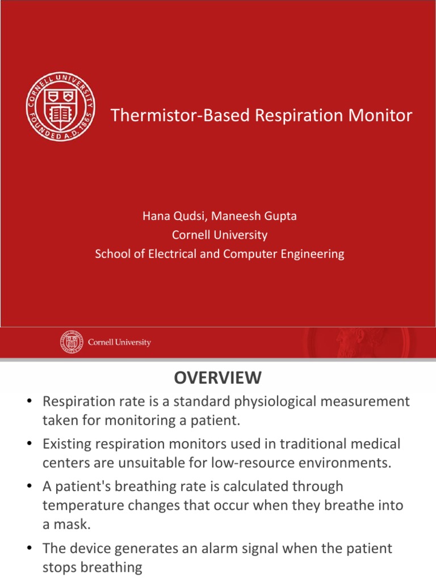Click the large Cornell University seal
click(61, 107)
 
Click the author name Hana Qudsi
click(169, 216)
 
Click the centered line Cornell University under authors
click(220, 235)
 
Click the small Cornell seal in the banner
click(72, 343)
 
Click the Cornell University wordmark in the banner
click(120, 343)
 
